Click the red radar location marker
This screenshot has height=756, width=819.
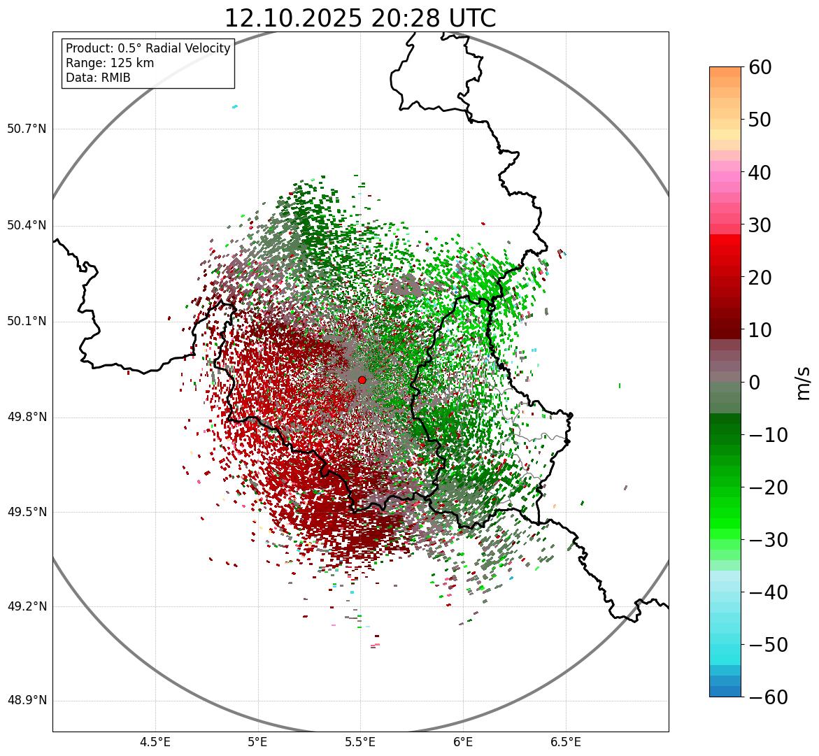[x=362, y=380]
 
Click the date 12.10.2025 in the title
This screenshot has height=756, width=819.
[x=293, y=18]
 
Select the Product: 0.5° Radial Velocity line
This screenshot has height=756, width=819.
[x=148, y=48]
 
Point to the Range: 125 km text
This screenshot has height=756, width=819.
[x=110, y=63]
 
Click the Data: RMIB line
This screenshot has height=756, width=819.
[x=98, y=78]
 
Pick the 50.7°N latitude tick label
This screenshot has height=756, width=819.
[x=27, y=129]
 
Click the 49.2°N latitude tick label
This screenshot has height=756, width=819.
[x=27, y=606]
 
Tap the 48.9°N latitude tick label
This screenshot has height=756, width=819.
[x=27, y=701]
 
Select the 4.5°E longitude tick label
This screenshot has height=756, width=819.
[x=155, y=741]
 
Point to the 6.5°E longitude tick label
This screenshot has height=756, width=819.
[x=565, y=741]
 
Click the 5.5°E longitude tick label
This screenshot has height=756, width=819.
[x=360, y=741]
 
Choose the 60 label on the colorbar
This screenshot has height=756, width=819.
[x=760, y=67]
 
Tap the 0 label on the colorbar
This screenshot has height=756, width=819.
[x=754, y=383]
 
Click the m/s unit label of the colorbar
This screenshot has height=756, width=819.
[x=803, y=383]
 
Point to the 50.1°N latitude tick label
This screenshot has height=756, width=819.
[x=27, y=322]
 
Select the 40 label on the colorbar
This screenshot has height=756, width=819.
[x=760, y=172]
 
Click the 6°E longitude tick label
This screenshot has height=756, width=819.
[x=463, y=741]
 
